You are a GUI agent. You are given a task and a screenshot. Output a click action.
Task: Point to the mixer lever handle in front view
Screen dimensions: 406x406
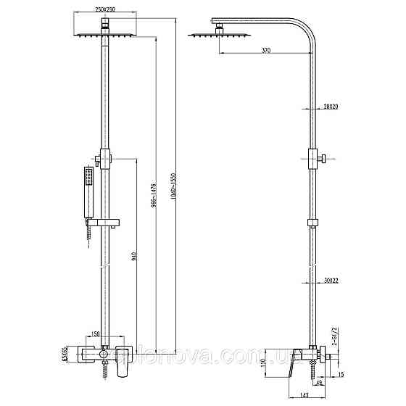pyautogui.click(x=123, y=360)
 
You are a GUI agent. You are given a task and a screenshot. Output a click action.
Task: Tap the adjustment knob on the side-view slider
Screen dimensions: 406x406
pyautogui.click(x=326, y=157)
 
